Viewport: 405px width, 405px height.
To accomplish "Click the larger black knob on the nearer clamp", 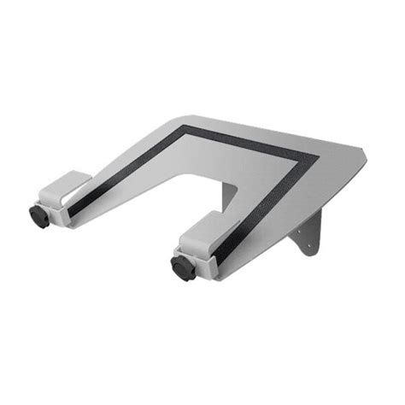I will pos(183,267).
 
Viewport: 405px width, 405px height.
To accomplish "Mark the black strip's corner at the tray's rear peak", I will pos(181,130).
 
